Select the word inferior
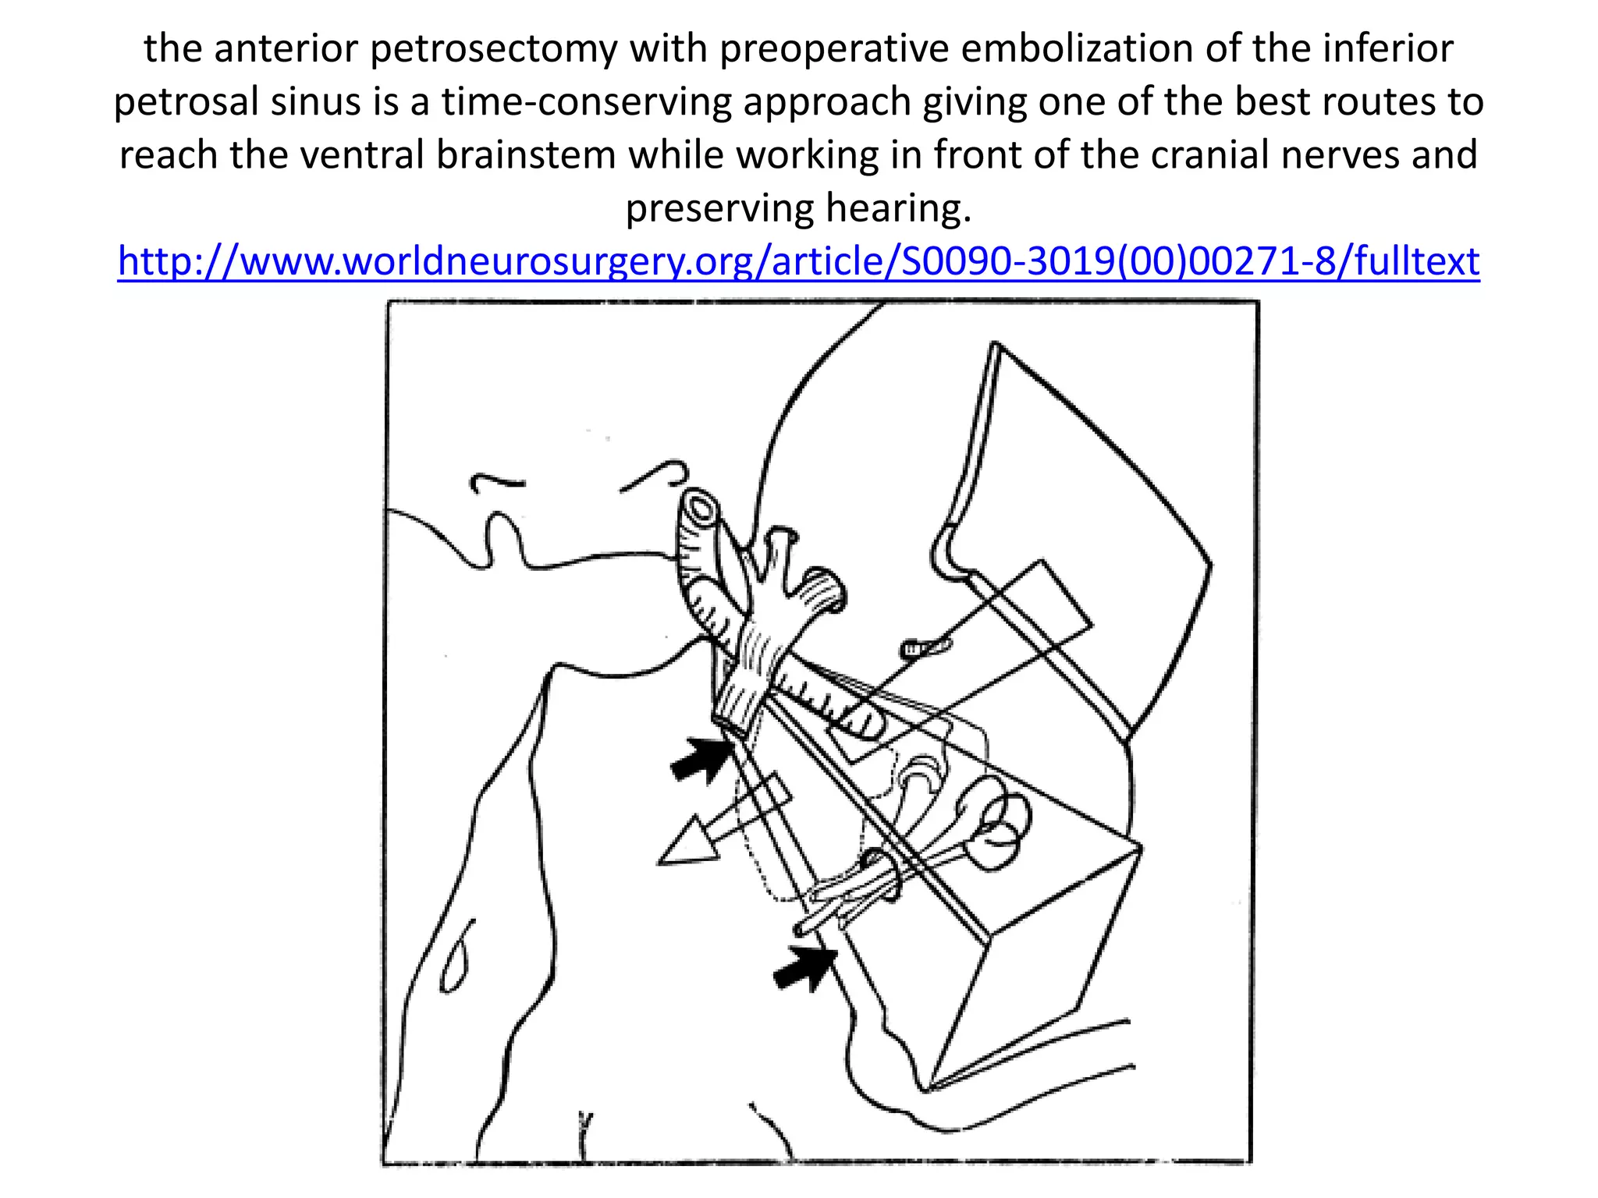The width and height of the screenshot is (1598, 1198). coord(1390,48)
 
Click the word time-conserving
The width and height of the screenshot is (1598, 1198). coord(587,102)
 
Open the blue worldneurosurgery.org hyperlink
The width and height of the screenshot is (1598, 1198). coord(798,261)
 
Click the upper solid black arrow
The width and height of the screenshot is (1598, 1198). coord(702,757)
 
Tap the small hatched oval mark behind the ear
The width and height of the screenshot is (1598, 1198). coord(927,647)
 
